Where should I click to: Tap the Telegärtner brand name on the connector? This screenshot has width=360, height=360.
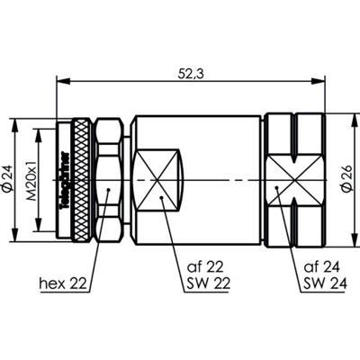pyautogui.click(x=62, y=180)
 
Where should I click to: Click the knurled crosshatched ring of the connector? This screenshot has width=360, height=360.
pyautogui.click(x=82, y=180)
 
